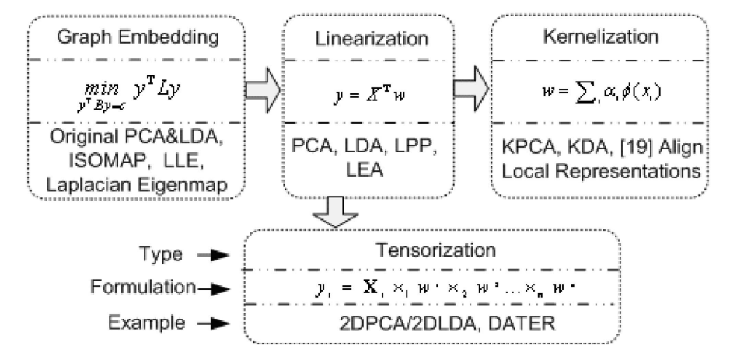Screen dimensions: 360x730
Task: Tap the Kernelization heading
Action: [x=601, y=37]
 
